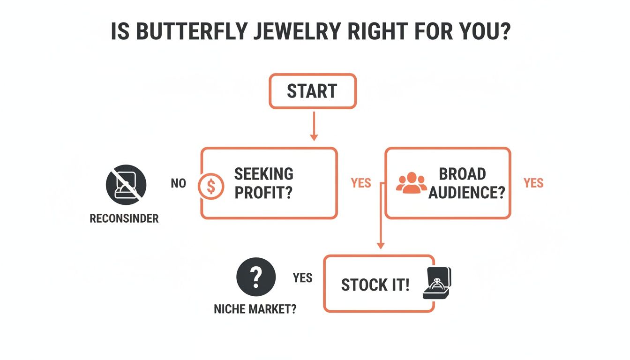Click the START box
312,91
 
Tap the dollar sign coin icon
210,186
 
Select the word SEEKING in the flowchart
263,173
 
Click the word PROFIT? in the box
263,192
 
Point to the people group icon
411,183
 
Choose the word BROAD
462,173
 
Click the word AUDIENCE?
466,192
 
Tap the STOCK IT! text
375,285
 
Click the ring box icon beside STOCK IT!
436,283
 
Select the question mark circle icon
255,277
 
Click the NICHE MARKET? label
255,310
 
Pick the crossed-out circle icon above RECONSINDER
126,185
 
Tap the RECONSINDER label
124,218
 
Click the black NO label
178,183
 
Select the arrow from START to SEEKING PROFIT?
314,125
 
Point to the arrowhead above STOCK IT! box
381,245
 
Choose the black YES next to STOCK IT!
302,277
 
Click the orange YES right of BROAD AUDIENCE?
533,183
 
